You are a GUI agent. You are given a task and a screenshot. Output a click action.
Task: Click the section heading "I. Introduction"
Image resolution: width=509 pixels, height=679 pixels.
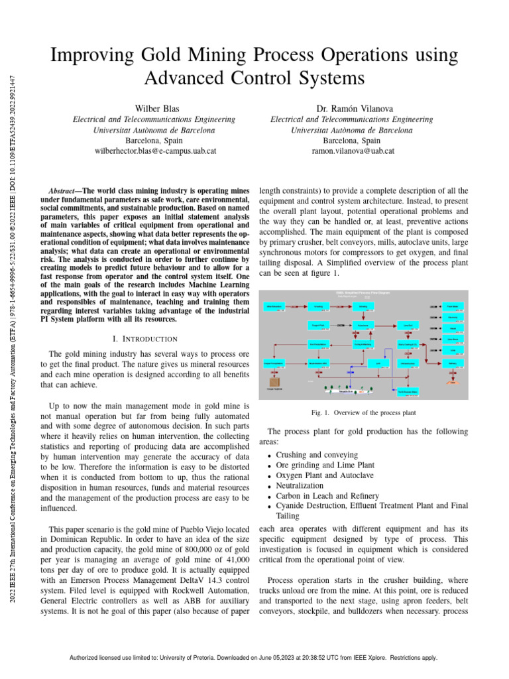(x=144, y=339)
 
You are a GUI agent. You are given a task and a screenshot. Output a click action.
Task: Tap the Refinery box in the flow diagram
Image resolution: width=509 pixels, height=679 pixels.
(x=453, y=363)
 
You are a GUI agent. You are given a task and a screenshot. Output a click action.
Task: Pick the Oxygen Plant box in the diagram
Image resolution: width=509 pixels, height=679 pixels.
(x=318, y=326)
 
